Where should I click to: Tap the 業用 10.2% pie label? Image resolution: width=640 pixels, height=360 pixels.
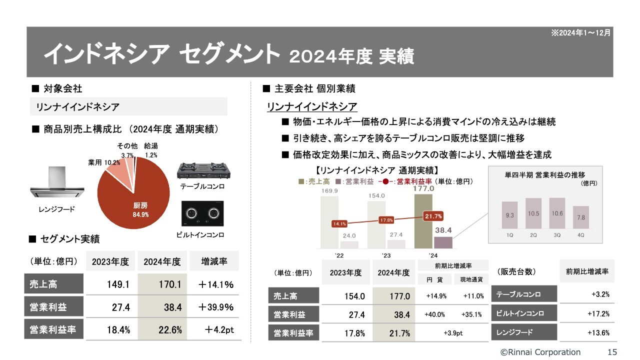pos(104,162)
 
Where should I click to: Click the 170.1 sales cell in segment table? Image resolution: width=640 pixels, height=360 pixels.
pos(162,284)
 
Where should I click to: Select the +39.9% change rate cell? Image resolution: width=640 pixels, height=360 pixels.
pos(216,307)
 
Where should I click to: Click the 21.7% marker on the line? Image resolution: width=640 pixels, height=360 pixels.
pos(432,216)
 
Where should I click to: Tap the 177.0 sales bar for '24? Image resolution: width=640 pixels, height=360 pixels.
pos(423,220)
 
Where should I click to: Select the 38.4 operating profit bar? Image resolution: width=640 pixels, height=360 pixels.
pos(443,242)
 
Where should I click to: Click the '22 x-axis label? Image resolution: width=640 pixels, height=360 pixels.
pos(339,256)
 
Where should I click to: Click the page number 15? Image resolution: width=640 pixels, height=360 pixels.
pos(612,352)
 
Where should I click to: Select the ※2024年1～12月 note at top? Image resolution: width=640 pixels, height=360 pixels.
pos(580,32)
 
